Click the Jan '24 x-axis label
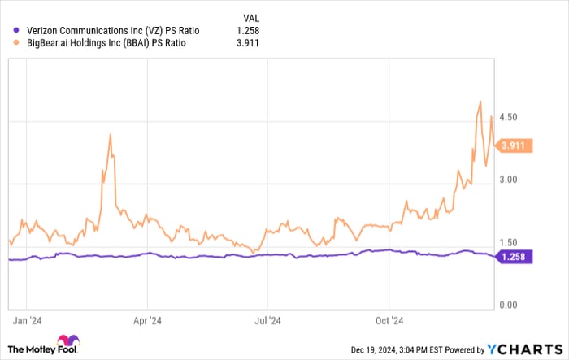click(29, 320)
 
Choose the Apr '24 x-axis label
click(148, 320)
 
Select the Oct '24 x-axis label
click(389, 320)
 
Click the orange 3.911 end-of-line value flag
click(514, 146)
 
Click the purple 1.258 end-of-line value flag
click(514, 257)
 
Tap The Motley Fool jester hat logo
click(68, 340)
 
